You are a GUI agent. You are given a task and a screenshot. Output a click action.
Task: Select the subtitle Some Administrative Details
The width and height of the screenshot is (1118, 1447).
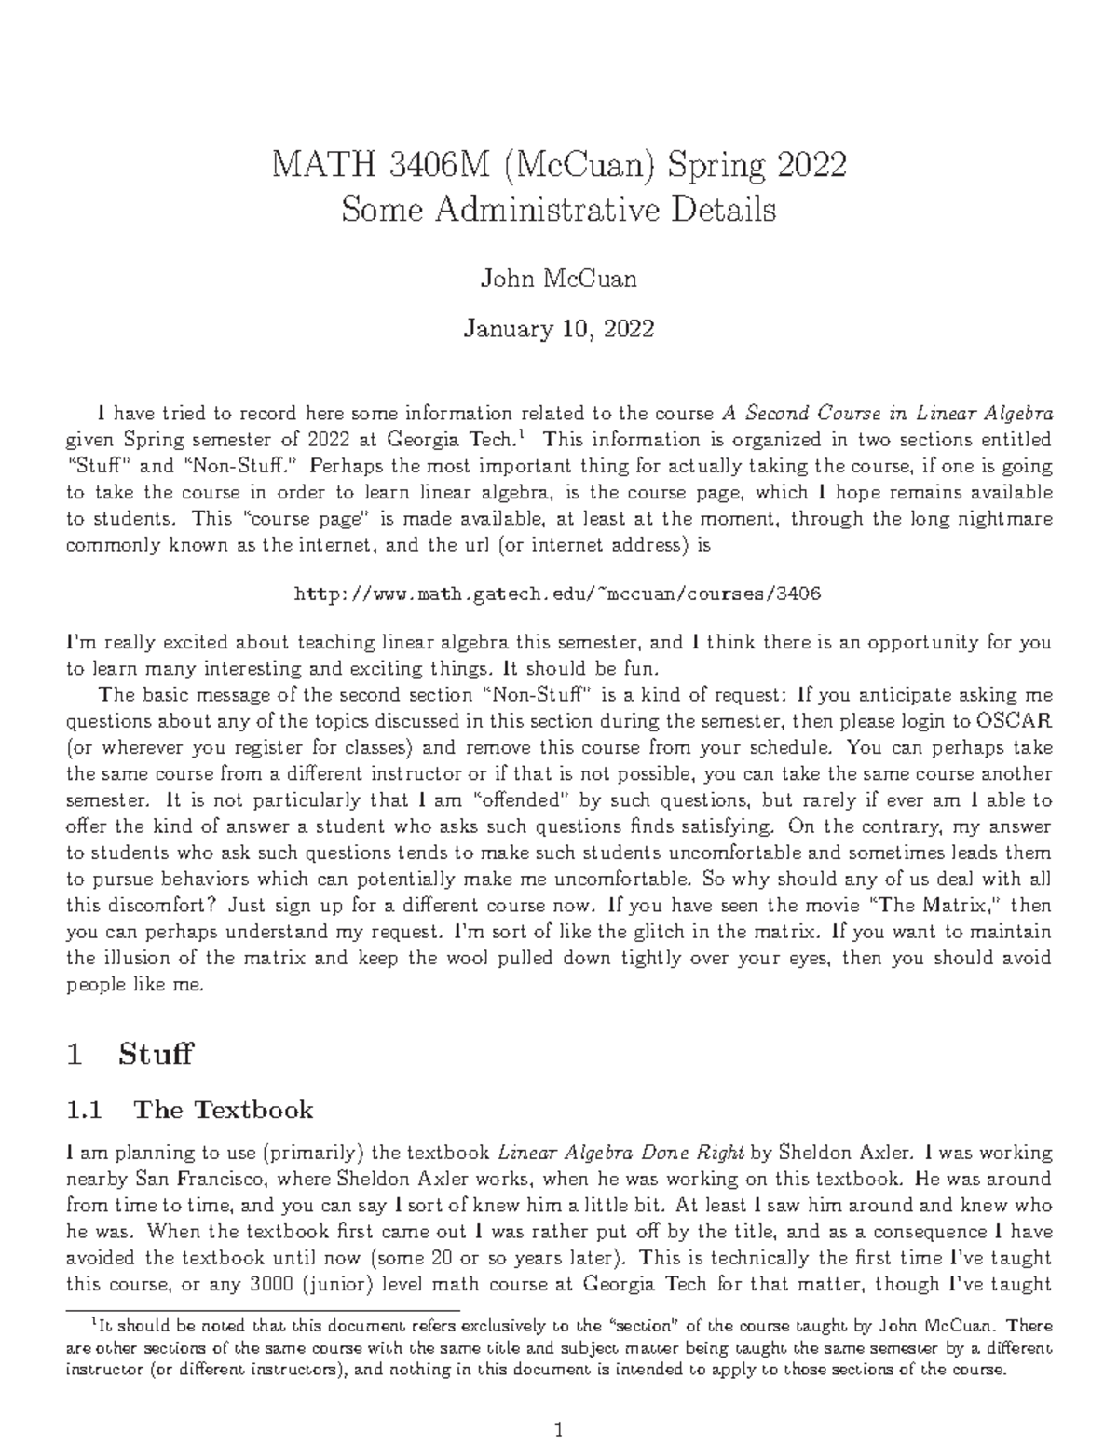[558, 211]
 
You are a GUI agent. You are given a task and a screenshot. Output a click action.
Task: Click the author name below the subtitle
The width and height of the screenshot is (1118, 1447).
[558, 279]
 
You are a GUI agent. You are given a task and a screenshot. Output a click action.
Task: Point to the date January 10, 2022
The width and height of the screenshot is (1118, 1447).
[558, 329]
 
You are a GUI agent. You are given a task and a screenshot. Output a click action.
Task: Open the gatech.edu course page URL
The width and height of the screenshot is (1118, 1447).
[557, 594]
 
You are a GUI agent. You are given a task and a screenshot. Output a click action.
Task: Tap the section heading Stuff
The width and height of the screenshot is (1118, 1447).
[156, 1054]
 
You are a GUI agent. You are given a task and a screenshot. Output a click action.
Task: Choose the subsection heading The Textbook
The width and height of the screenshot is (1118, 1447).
[224, 1110]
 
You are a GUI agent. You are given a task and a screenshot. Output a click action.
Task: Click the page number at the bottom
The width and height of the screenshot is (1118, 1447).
[559, 1429]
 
